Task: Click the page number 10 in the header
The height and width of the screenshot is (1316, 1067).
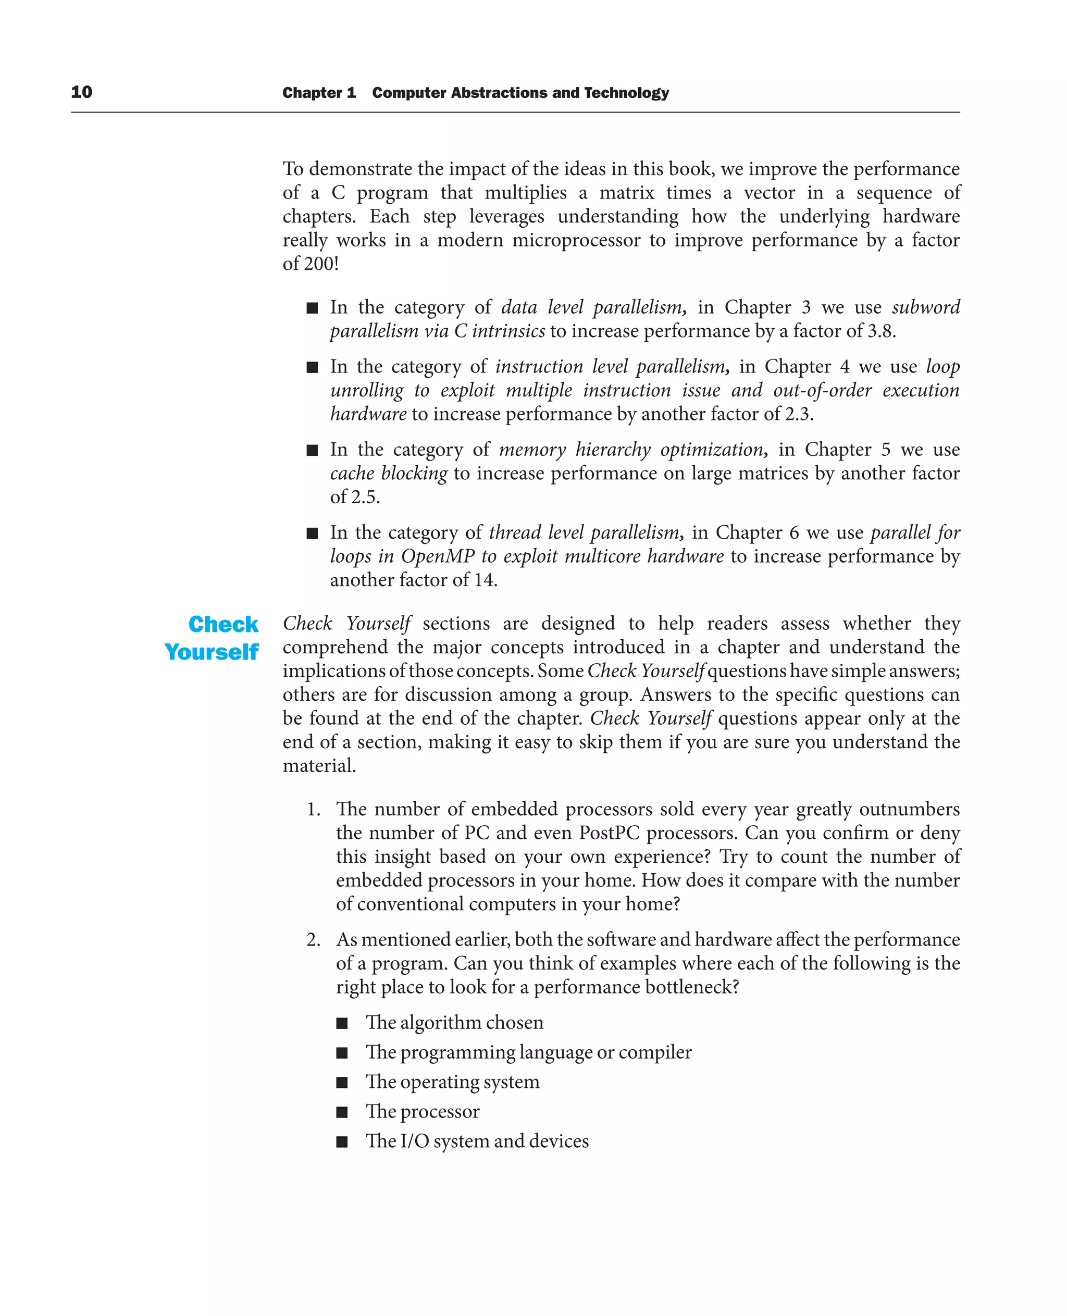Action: [81, 92]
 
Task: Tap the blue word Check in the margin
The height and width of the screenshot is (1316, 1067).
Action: [223, 624]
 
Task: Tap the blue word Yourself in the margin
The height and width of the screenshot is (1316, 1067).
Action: [212, 652]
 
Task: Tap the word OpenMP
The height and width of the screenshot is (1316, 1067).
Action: [438, 556]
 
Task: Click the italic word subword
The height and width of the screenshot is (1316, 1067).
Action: [926, 307]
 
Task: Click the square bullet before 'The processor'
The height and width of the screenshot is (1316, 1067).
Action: [342, 1112]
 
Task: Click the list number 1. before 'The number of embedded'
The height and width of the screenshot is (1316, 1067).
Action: [314, 810]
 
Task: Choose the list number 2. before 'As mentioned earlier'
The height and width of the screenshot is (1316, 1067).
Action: [314, 940]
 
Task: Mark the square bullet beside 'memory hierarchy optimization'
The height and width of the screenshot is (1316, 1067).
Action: [312, 451]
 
